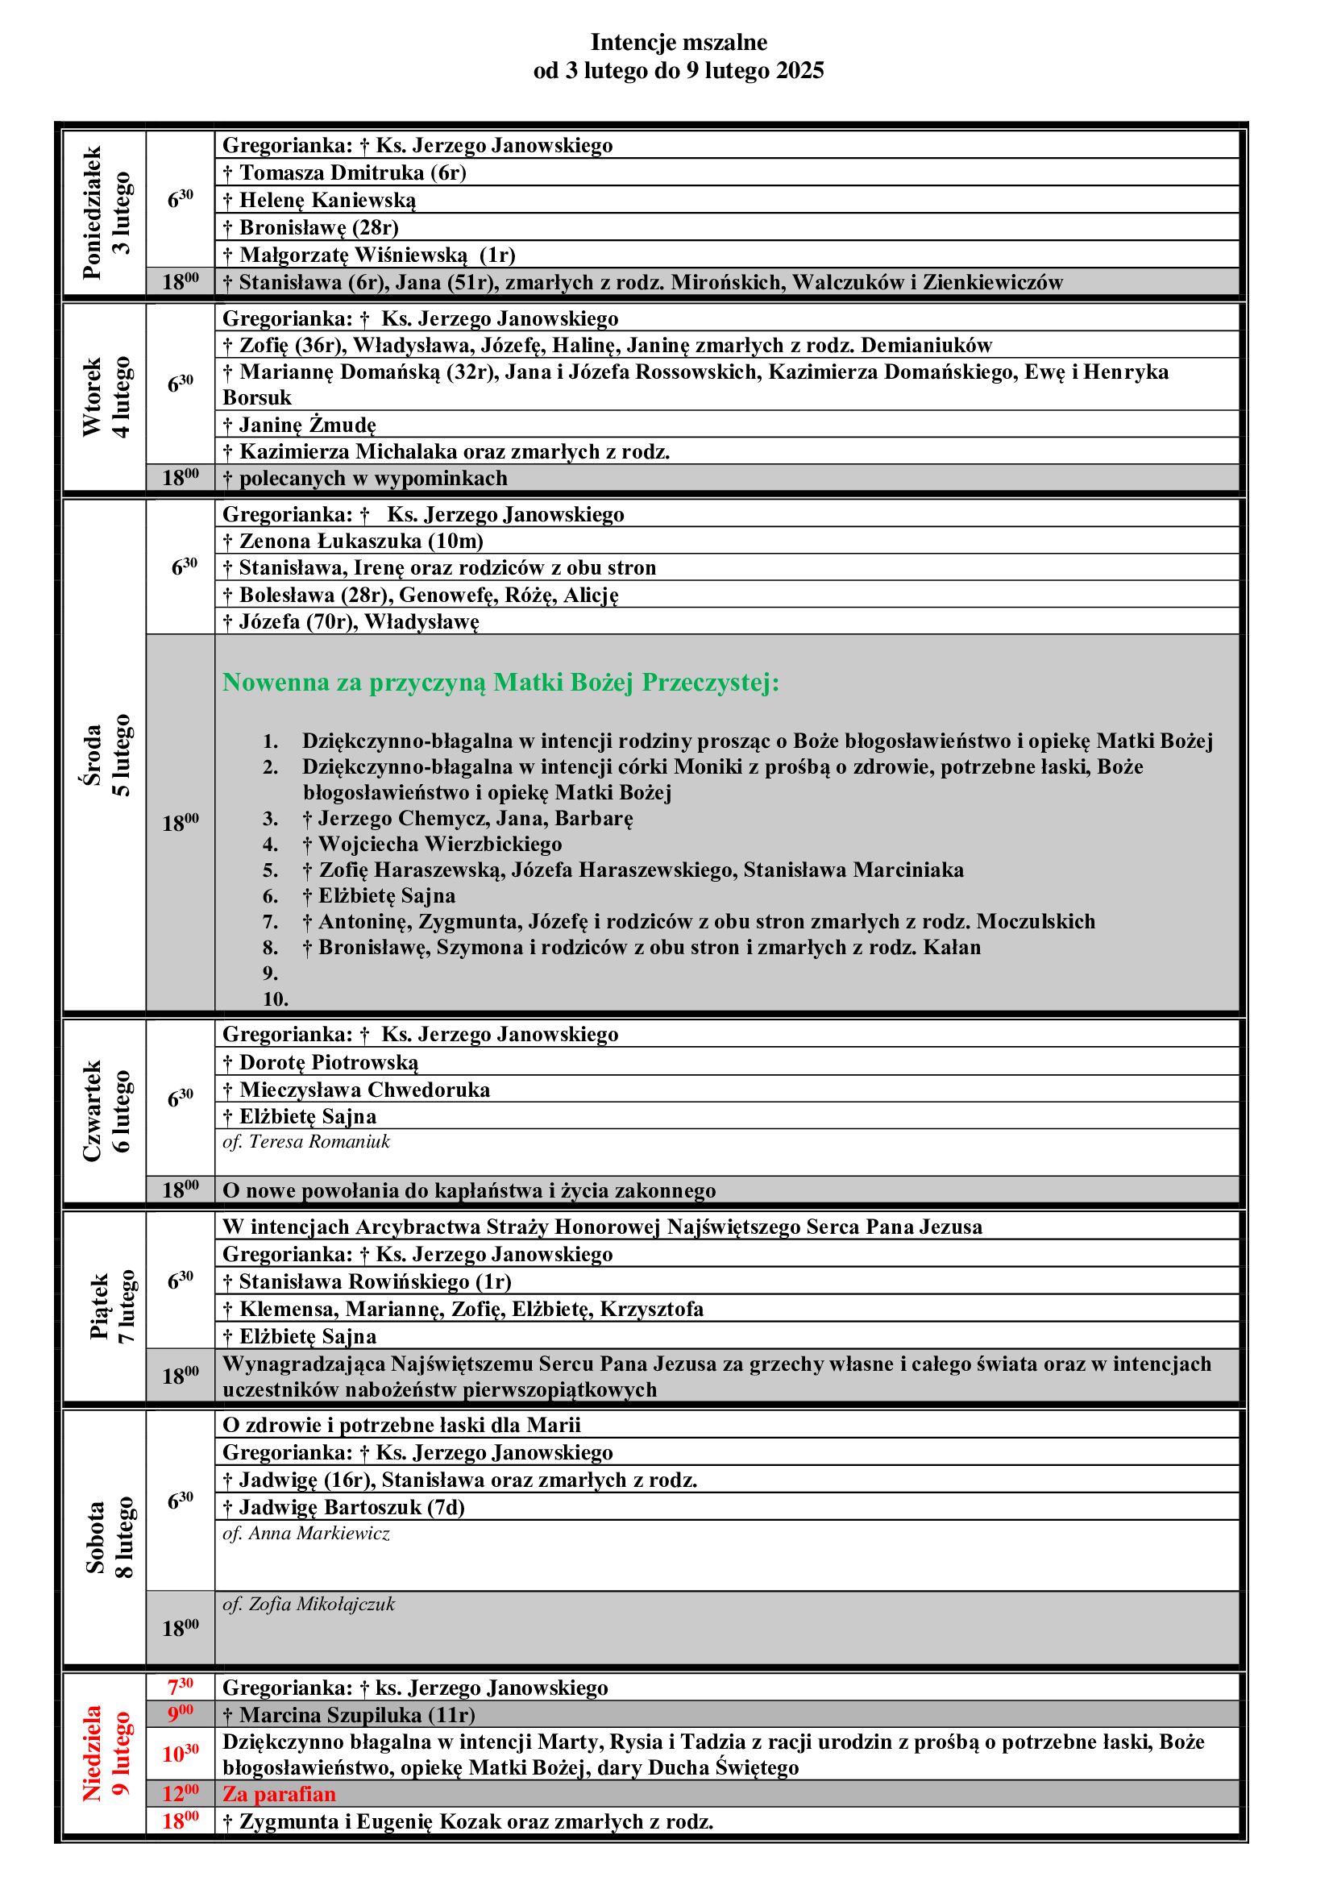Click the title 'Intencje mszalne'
[x=678, y=42]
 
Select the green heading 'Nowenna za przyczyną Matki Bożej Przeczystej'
[x=500, y=683]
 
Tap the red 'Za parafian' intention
[x=279, y=1794]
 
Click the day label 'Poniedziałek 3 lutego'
[x=106, y=214]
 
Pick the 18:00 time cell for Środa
[x=181, y=823]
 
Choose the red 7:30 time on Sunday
[x=181, y=1687]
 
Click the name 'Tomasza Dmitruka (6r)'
[x=353, y=172]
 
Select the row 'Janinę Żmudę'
[x=307, y=425]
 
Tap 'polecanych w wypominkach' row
[x=373, y=478]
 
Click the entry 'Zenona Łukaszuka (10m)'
[x=361, y=541]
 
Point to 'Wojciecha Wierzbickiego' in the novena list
[x=440, y=844]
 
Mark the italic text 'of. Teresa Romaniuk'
[x=306, y=1141]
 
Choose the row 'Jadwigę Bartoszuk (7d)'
[x=352, y=1507]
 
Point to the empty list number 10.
[x=275, y=999]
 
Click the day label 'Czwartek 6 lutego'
[x=106, y=1111]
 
